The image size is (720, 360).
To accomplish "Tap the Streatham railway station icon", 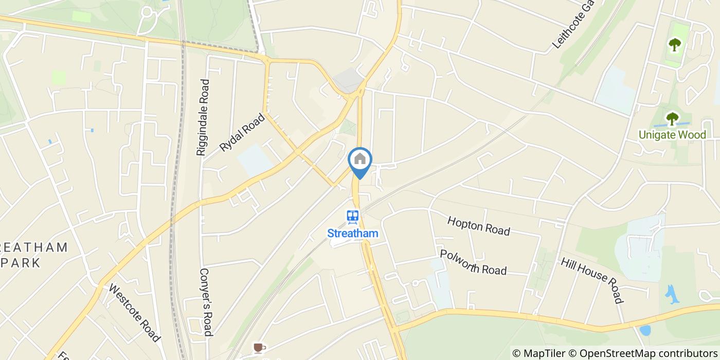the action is pyautogui.click(x=353, y=217).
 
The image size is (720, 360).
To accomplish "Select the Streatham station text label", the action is pyautogui.click(x=353, y=233).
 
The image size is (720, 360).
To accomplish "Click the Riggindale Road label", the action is pyautogui.click(x=203, y=117).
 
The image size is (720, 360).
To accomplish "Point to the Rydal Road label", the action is pyautogui.click(x=242, y=132).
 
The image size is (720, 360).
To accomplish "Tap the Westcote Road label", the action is pyautogui.click(x=135, y=312).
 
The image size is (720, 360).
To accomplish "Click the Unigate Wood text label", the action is pyautogui.click(x=672, y=135).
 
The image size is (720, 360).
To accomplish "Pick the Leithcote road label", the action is pyautogui.click(x=573, y=25).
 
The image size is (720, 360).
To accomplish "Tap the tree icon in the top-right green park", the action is pyautogui.click(x=674, y=45).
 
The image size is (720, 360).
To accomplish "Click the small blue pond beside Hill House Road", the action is pyautogui.click(x=672, y=295).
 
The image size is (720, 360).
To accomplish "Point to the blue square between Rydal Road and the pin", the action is pyautogui.click(x=255, y=160).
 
